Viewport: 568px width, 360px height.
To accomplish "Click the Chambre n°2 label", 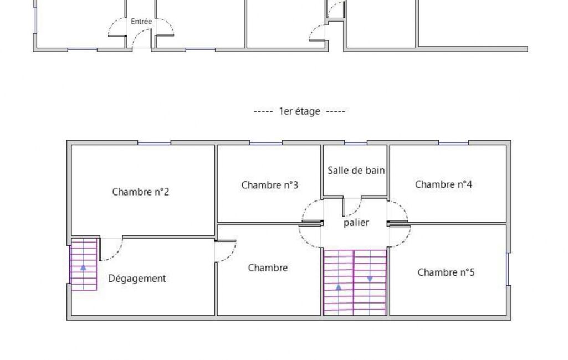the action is point(141,192).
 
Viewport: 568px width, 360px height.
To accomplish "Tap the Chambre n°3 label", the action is point(270,185).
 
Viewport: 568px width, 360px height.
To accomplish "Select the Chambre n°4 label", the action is point(443,184).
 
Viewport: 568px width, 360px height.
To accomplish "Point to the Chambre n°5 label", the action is point(446,272).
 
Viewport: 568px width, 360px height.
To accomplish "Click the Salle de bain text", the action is point(356,170).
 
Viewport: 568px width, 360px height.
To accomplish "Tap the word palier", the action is point(356,223).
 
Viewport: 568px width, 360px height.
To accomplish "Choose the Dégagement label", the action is point(137,279).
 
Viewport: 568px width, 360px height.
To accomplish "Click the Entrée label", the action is point(141,22).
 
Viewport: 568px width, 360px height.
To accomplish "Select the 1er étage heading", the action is point(300,111).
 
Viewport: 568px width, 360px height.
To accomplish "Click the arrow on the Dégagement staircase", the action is point(83,268).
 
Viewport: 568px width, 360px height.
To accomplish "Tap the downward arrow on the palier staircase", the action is point(370,279).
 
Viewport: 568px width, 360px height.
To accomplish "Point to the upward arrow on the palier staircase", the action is point(339,287).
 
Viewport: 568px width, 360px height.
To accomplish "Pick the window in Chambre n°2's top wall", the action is point(154,143).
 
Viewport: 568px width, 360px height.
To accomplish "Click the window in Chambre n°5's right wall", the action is point(508,269).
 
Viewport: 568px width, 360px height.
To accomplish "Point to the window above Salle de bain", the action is point(356,143).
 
